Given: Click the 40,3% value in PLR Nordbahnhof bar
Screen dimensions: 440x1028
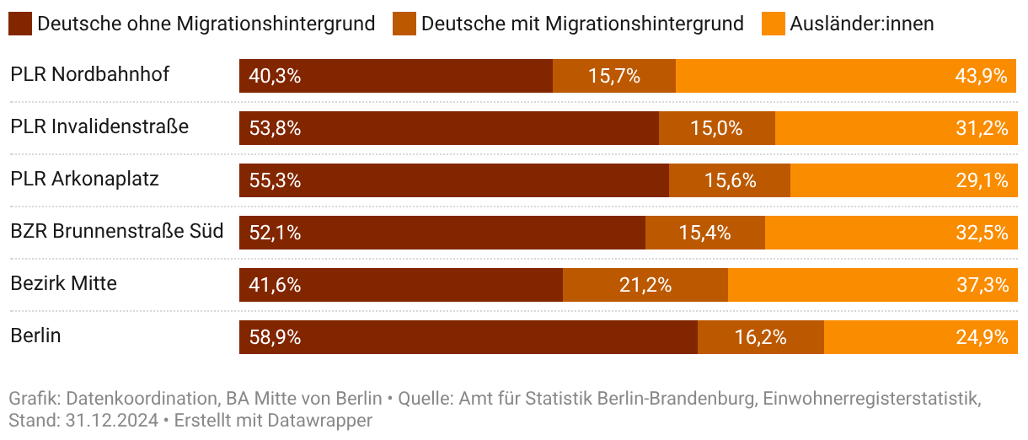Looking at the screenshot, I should coord(275,76).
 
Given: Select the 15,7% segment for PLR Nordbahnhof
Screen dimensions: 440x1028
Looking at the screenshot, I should coord(614,76).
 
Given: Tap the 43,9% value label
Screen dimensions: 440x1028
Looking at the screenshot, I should coord(982,76).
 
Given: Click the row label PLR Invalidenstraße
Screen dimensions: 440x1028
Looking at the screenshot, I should coord(99,126).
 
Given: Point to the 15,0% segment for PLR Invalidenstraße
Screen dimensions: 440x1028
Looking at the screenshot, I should coord(716,128).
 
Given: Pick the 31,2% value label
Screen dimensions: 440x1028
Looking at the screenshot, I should coord(982,128).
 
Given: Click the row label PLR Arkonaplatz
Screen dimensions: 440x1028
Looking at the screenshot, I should coord(84,179).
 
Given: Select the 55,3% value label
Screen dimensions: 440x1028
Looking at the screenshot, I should coord(275,180).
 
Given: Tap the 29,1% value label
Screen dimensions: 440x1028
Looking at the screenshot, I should coord(982,180).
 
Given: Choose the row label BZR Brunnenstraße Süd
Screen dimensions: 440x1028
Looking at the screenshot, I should coord(117,231).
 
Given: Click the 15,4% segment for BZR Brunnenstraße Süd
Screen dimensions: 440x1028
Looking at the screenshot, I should coord(704,233).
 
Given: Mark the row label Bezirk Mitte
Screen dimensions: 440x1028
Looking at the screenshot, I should coord(63,283).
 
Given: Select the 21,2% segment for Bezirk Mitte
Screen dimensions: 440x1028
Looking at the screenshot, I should coord(645,285).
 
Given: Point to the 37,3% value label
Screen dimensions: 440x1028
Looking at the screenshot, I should coord(982,285).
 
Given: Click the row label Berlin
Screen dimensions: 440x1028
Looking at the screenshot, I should coord(35,335).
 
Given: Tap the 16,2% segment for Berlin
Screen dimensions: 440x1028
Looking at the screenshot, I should coord(760,337).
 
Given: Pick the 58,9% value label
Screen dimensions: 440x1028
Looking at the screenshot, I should coord(275,337).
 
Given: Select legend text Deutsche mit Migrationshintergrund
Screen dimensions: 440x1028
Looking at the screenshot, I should coord(582,24).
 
